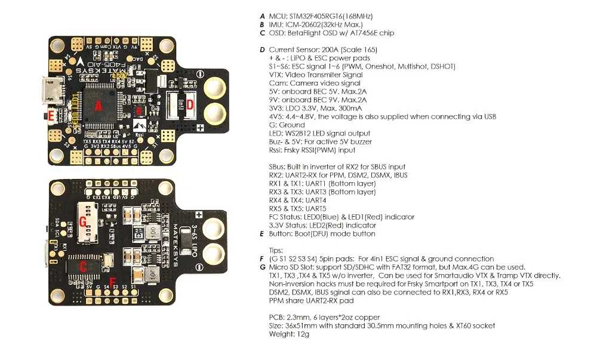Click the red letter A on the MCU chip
coord(99,106)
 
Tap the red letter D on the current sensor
coord(190,105)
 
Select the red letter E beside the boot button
coord(52,115)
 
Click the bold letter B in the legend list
coord(262,24)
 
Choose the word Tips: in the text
coord(276,250)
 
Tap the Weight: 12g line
coord(290,334)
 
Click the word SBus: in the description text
coord(279,167)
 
